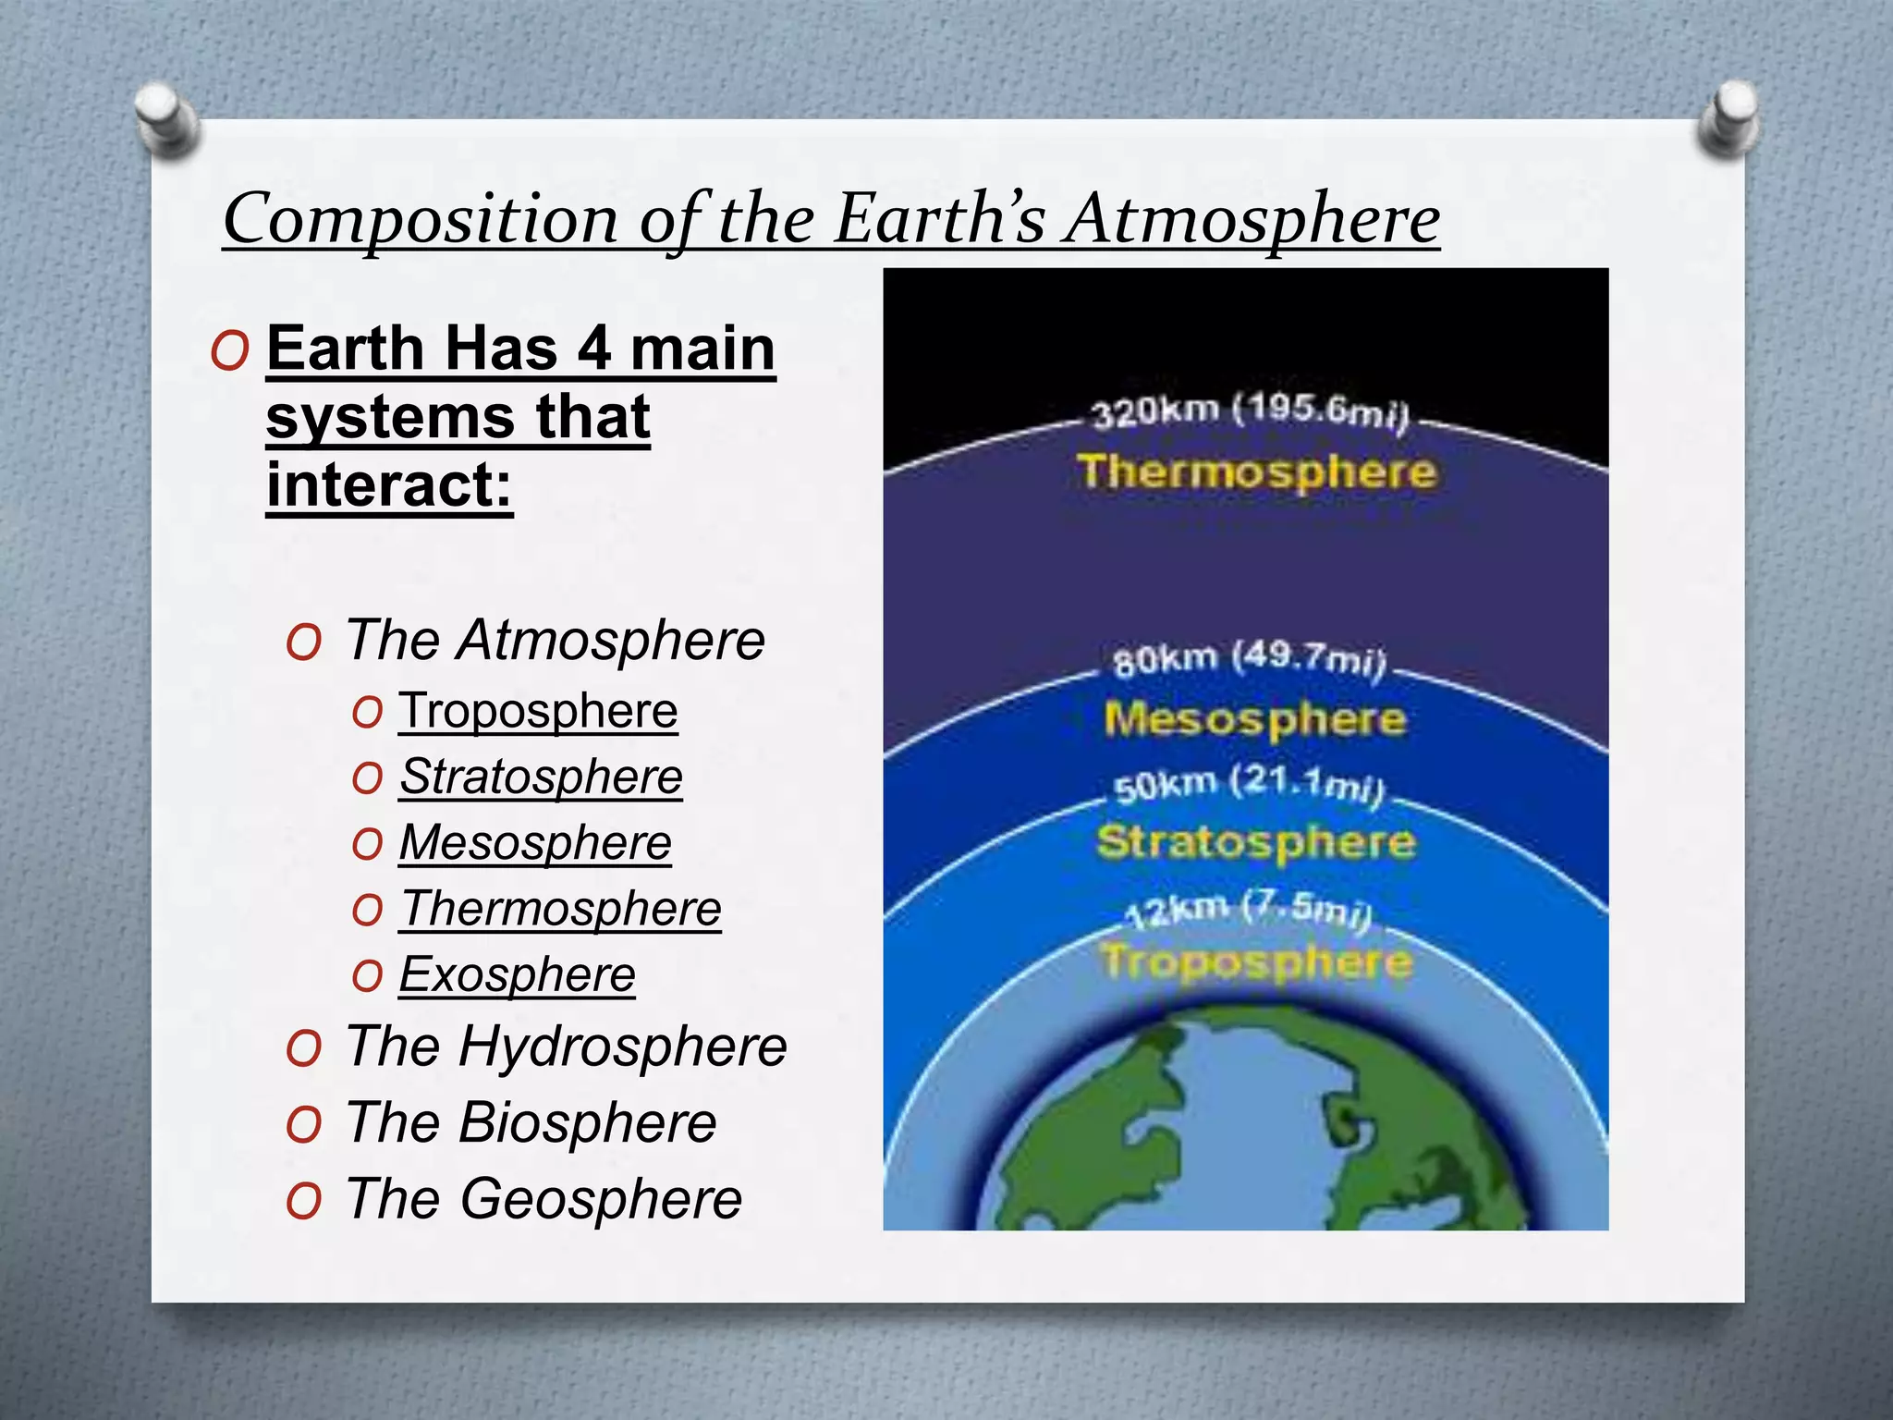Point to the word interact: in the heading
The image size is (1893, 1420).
(x=389, y=484)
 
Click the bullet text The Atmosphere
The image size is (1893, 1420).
(x=555, y=640)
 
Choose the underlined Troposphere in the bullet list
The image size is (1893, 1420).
(x=538, y=711)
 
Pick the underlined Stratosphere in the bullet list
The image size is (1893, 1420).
(x=541, y=777)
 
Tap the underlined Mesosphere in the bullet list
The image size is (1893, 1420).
(x=535, y=843)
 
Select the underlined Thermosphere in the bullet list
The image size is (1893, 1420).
(x=560, y=909)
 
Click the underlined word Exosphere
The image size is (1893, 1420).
(x=517, y=974)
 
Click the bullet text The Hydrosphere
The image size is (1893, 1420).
(x=566, y=1047)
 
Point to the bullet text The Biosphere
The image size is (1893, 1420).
(x=531, y=1123)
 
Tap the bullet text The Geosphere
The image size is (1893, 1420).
(x=543, y=1199)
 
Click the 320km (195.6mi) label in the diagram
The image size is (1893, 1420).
(x=1251, y=411)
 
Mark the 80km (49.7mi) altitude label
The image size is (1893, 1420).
(x=1251, y=660)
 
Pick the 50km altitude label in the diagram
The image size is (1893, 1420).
(x=1249, y=786)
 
